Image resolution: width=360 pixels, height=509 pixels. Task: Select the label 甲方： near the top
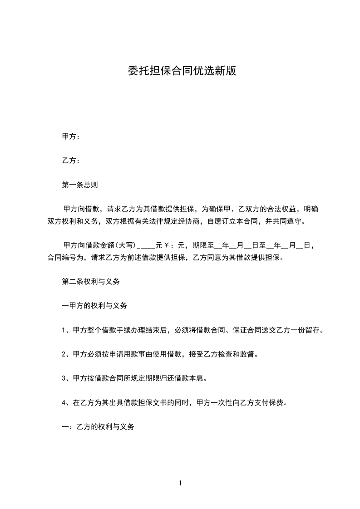71,137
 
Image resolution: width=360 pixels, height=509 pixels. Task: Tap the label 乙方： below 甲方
71,161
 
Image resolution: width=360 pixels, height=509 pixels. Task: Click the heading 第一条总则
79,185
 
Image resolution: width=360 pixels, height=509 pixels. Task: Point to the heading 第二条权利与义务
90,281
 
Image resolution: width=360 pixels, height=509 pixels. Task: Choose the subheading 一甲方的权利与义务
94,305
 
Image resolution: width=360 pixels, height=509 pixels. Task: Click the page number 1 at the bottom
180,483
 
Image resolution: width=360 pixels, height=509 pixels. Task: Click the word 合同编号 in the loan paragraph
62,258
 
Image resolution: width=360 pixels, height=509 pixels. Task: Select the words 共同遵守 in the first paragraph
287,221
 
